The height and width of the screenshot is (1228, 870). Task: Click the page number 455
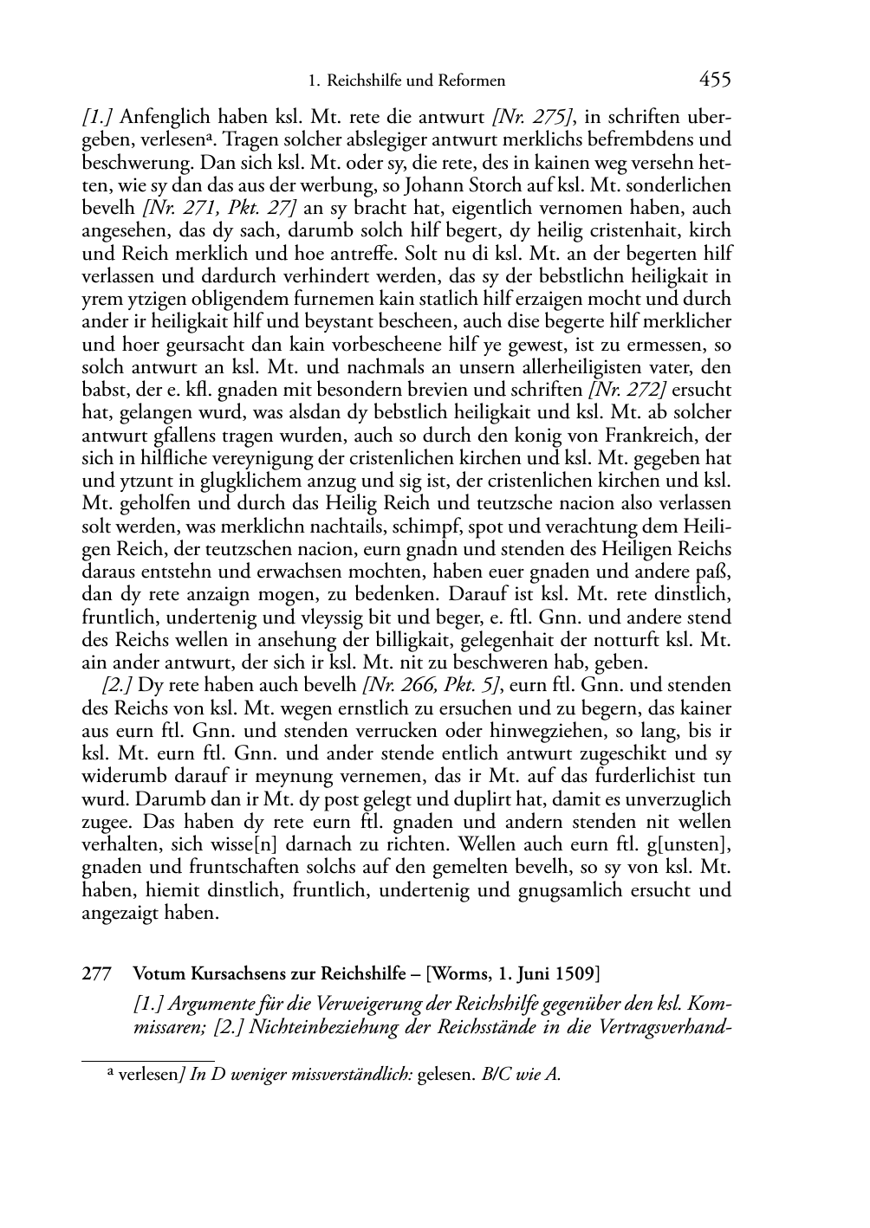[x=715, y=81]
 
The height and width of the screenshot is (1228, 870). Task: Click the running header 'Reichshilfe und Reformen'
[x=415, y=81]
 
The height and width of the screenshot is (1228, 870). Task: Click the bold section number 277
[x=95, y=973]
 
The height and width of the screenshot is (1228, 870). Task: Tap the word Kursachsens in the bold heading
[x=229, y=973]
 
